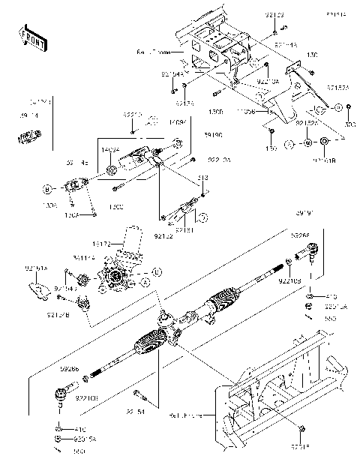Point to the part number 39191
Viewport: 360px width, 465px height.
tap(304, 214)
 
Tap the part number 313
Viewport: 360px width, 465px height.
tap(202, 178)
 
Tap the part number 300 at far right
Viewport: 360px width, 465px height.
tap(349, 123)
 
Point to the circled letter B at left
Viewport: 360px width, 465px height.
tap(46, 188)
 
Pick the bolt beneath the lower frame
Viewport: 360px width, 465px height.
tap(301, 428)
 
